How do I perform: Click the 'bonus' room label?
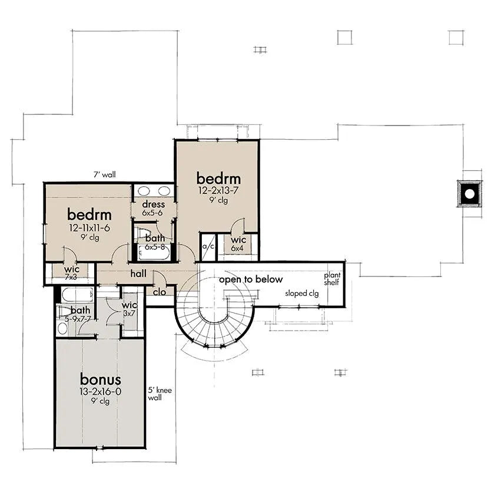101,379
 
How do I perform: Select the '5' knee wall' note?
154,393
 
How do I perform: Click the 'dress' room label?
153,205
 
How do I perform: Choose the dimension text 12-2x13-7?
218,190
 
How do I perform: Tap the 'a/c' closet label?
208,246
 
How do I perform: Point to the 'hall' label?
138,274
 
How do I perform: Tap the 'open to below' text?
251,279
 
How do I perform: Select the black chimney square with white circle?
469,193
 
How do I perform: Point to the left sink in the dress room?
144,191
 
